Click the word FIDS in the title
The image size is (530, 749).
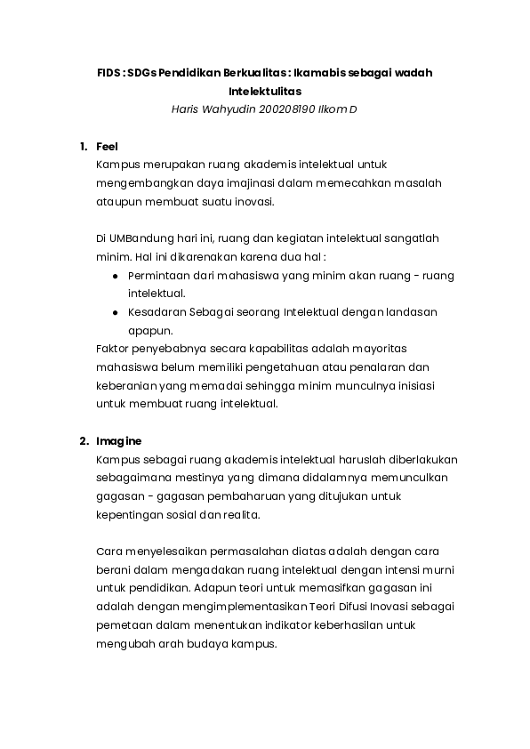pyautogui.click(x=108, y=73)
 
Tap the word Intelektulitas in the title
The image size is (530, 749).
pyautogui.click(x=264, y=92)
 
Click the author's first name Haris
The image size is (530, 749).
pyautogui.click(x=186, y=109)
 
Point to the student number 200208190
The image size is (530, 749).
pyautogui.click(x=286, y=109)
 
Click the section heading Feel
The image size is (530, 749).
pyautogui.click(x=107, y=146)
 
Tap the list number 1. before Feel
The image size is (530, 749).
pyautogui.click(x=83, y=146)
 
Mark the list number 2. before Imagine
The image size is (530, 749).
pyautogui.click(x=83, y=441)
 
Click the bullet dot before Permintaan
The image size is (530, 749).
pyautogui.click(x=116, y=276)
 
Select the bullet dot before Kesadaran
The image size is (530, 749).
pyautogui.click(x=116, y=312)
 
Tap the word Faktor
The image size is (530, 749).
pyautogui.click(x=113, y=349)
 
